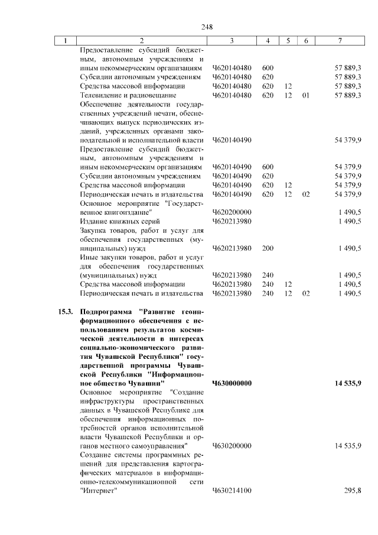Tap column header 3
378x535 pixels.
232,41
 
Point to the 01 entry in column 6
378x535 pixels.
305,95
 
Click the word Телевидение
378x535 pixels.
100,95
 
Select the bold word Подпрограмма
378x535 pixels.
106,312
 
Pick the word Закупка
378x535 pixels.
94,231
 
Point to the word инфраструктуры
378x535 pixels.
107,401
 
